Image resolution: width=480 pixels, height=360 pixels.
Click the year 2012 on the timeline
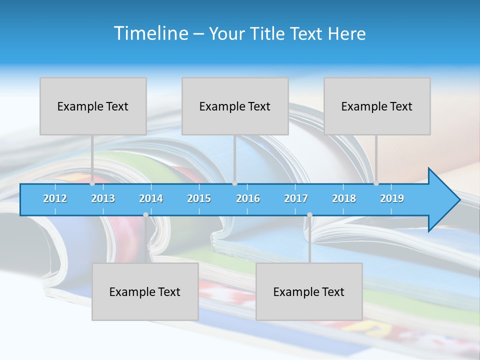pos(55,198)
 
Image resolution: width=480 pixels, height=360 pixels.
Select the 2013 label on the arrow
pos(103,198)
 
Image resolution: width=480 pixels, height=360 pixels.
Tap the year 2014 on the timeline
pos(151,198)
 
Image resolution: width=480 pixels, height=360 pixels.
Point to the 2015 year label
pos(199,198)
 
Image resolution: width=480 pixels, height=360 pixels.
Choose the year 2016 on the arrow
pos(248,198)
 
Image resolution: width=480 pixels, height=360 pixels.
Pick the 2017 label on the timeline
pos(296,198)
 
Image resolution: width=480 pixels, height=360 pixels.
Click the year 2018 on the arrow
pos(344,198)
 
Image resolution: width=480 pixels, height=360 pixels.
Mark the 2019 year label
pos(392,198)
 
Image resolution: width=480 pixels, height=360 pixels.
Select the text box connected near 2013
pos(93,106)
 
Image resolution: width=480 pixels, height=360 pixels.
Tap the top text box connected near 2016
pos(235,106)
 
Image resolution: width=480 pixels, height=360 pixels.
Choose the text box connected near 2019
pos(377,106)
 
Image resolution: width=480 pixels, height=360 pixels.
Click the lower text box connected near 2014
pos(145,291)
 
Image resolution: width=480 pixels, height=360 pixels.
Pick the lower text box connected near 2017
pos(309,291)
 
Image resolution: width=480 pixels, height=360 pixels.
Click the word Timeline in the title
pos(150,33)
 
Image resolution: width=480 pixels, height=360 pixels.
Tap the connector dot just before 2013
pos(92,183)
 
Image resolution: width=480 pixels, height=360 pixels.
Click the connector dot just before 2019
pos(376,183)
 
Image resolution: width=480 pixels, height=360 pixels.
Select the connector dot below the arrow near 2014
pos(145,215)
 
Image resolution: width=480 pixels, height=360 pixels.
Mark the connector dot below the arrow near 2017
pos(309,215)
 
